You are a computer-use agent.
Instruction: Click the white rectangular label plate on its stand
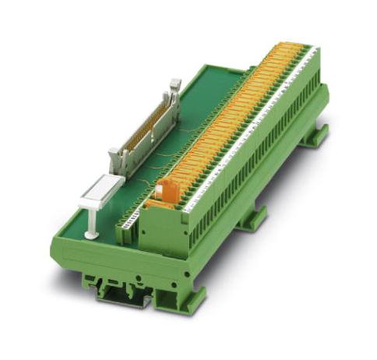coord(101,190)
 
